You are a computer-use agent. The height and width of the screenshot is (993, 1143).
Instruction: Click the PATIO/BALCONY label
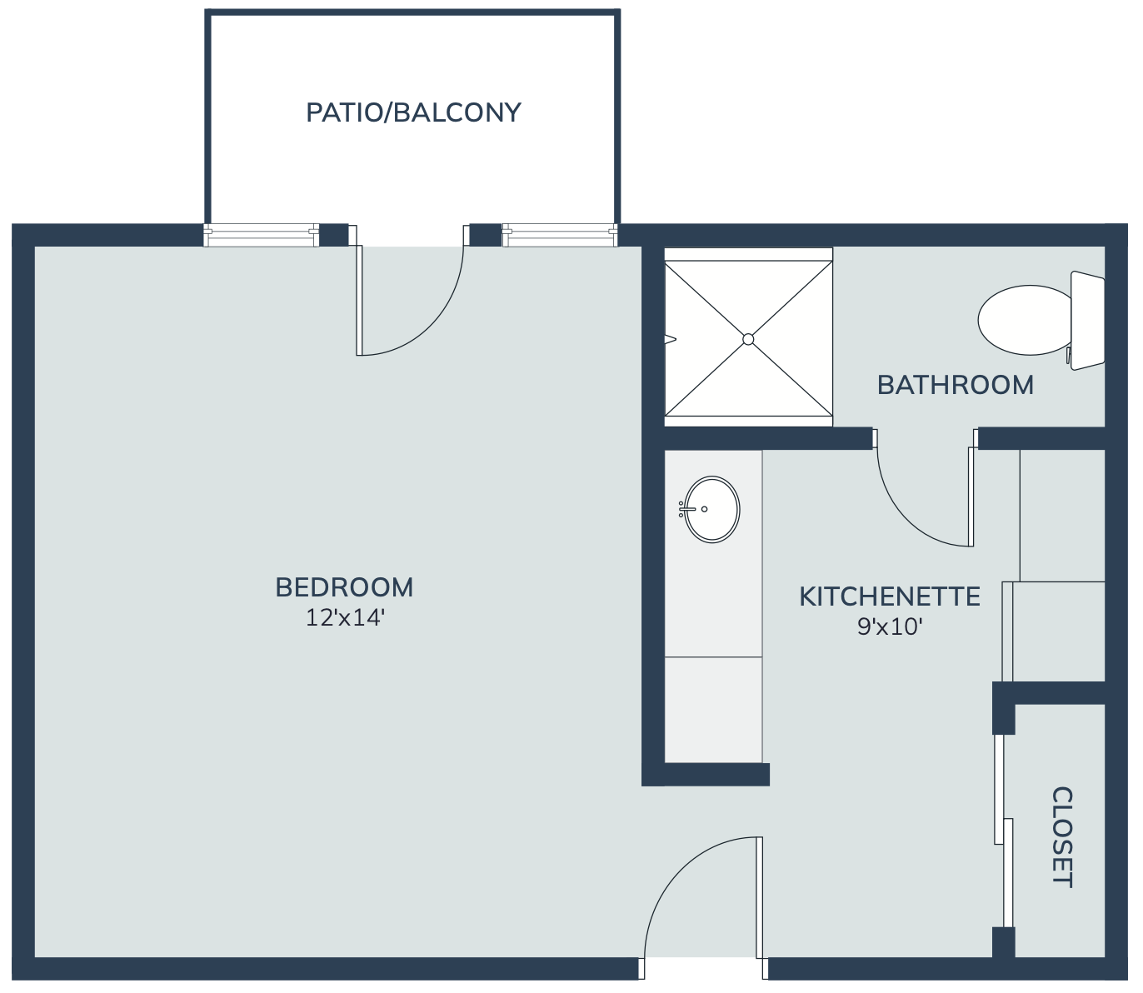[413, 112]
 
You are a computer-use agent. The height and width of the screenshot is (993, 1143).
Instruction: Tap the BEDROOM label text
[344, 587]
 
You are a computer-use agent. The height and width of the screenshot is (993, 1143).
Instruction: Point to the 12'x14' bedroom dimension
[345, 617]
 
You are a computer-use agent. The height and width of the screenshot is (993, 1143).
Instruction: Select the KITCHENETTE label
[890, 596]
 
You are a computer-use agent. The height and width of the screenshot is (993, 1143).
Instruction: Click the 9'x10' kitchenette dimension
[890, 626]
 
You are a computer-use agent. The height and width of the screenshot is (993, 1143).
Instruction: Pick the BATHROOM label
[956, 386]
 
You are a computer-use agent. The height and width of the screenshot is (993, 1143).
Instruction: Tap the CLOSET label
[1062, 837]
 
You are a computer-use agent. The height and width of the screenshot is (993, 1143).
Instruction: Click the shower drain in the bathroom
[748, 339]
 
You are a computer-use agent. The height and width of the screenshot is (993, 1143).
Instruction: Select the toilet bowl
[1026, 320]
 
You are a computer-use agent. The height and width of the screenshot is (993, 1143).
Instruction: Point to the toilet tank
[1088, 321]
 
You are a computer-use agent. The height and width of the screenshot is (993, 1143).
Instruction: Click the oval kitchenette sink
[712, 509]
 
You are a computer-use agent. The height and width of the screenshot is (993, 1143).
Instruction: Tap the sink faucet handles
[681, 509]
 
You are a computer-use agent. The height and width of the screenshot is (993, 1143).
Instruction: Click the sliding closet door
[1003, 832]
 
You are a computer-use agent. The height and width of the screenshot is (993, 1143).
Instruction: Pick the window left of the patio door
[261, 235]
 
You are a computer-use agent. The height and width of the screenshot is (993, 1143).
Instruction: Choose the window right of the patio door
[560, 235]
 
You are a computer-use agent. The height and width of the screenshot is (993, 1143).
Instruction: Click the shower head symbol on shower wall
[670, 339]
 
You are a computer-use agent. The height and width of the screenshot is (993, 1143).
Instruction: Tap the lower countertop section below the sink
[713, 709]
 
